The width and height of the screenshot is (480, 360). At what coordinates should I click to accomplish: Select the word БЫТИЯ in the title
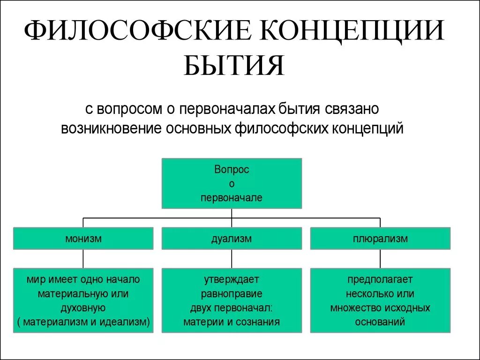[234, 66]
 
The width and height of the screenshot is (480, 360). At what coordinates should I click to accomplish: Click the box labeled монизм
[83, 239]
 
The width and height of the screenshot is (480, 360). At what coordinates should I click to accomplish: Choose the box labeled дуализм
[232, 239]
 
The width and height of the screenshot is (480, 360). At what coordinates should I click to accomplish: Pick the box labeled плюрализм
[380, 239]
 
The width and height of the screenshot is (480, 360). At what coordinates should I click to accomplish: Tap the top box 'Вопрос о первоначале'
[232, 183]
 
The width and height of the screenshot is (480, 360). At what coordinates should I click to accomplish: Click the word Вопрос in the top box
[232, 170]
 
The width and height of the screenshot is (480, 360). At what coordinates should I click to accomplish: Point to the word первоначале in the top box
[232, 198]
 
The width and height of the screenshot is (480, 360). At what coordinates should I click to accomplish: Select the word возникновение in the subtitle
[111, 128]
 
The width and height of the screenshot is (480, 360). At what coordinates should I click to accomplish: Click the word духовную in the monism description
[83, 308]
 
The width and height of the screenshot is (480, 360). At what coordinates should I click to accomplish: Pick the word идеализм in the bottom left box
[124, 322]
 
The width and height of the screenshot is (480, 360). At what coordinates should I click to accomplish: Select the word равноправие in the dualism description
[232, 294]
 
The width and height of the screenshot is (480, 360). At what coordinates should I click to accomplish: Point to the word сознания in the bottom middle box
[256, 322]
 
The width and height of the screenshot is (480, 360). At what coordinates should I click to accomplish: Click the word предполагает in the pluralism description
[380, 280]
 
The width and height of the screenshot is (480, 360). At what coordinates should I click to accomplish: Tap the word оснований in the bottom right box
[380, 322]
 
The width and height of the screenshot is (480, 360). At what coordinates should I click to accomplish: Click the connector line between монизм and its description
[83, 259]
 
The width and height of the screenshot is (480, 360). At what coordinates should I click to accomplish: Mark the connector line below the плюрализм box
[380, 259]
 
